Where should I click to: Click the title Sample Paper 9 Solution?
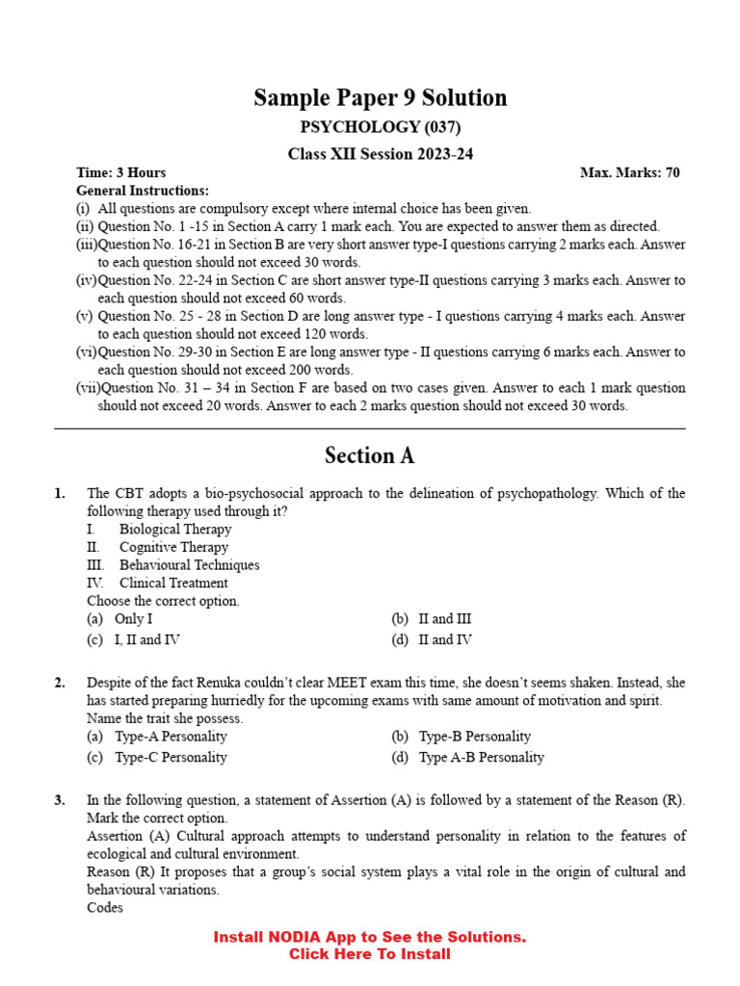(380, 98)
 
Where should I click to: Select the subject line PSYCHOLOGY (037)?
(381, 127)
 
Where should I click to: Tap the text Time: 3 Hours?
(121, 172)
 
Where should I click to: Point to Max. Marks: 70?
(630, 172)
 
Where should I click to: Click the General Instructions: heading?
(143, 191)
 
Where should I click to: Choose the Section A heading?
(370, 455)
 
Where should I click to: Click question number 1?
(60, 493)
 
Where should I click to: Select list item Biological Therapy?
(175, 529)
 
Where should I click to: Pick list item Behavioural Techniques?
(189, 565)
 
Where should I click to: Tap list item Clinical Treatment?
(173, 583)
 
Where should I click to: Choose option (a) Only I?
(120, 619)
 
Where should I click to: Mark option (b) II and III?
(432, 619)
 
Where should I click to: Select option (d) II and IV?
(432, 639)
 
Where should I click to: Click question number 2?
(60, 683)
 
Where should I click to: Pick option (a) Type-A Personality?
(157, 737)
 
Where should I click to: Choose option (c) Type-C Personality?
(157, 757)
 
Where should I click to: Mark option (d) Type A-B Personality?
(468, 757)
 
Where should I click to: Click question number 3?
(60, 799)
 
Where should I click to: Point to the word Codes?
(105, 907)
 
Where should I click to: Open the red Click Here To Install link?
(370, 954)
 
